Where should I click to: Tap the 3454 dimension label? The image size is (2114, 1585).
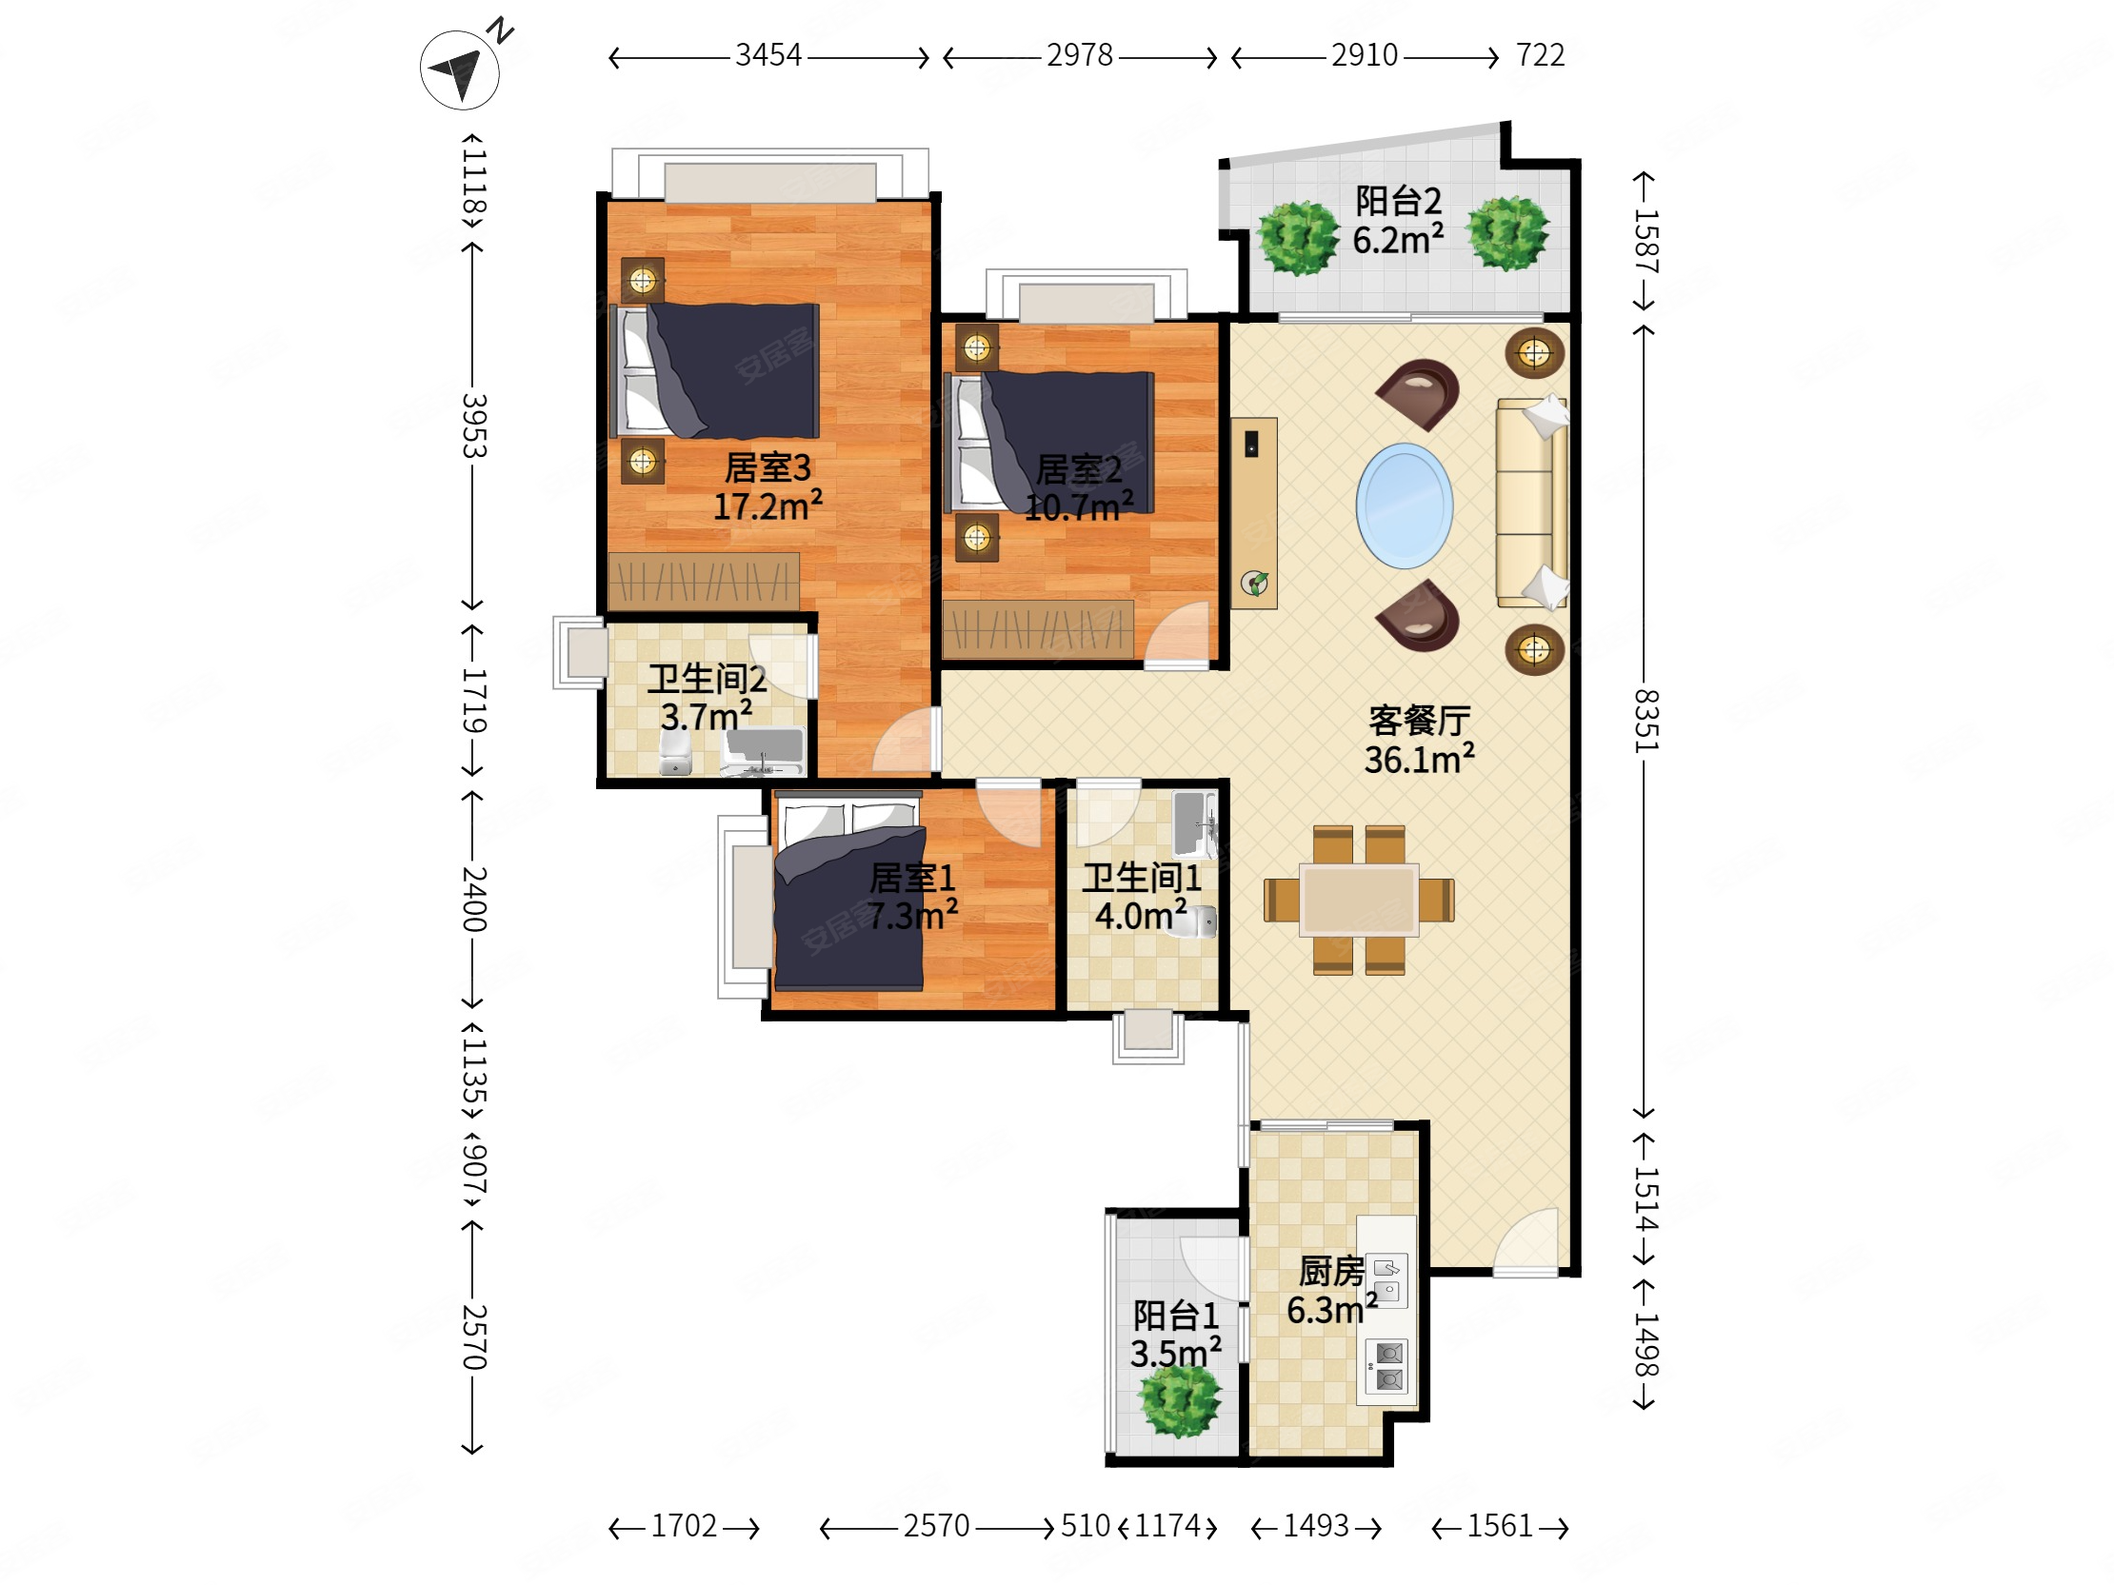tap(768, 55)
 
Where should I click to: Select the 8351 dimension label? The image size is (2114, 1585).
tap(1645, 721)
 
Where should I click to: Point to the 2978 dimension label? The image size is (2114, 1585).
tap(1079, 55)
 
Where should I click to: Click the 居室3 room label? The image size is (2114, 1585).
tap(768, 467)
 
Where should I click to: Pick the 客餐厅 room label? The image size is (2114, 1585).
tap(1419, 721)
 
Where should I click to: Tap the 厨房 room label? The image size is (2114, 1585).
tap(1331, 1272)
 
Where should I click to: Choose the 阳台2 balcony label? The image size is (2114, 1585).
tap(1398, 201)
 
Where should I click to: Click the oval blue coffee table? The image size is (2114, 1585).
tap(1404, 505)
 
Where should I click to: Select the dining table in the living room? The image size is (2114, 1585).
tap(1358, 899)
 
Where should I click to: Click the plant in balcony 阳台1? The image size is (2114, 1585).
tap(1179, 1400)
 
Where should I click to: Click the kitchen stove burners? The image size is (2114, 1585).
tap(1387, 1366)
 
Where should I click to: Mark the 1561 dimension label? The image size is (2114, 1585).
tap(1500, 1526)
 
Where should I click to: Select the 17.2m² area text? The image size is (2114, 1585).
tap(768, 505)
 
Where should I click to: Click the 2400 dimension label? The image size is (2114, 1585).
tap(474, 899)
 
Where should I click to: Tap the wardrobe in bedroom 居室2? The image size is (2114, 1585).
tap(1038, 628)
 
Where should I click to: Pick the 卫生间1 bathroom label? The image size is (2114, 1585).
tap(1141, 877)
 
